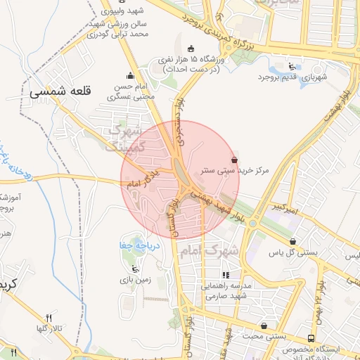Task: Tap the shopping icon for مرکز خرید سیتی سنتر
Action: click(x=234, y=160)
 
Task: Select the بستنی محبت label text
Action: click(x=264, y=336)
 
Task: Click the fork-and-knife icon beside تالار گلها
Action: click(x=48, y=318)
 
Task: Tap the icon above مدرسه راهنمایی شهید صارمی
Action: click(x=226, y=276)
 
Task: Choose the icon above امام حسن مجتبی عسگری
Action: click(x=129, y=76)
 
